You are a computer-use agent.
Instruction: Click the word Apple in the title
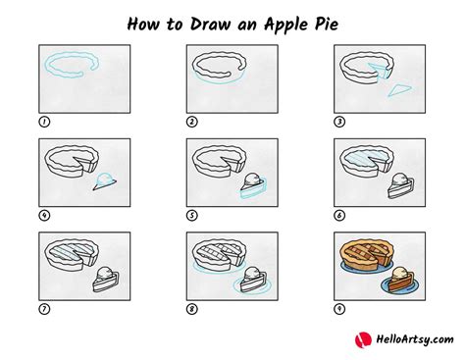tap(286, 25)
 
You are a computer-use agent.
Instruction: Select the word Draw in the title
tap(210, 25)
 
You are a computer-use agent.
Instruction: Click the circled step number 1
tap(44, 122)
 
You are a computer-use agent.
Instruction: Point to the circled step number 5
tap(192, 216)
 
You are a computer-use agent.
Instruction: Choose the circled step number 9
tap(339, 309)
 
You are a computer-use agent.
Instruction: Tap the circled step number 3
tap(339, 122)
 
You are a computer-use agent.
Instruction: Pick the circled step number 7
tap(44, 309)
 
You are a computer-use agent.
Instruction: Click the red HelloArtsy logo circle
tap(363, 339)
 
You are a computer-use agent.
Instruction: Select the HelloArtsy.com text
tap(415, 339)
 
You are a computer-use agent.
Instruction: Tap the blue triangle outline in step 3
tap(399, 90)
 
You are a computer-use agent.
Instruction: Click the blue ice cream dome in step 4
tap(105, 178)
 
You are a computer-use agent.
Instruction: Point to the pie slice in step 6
tap(400, 188)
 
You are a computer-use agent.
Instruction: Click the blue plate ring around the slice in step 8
tap(252, 291)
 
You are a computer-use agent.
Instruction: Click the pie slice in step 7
tap(105, 282)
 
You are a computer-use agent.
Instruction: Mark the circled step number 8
tap(192, 309)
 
